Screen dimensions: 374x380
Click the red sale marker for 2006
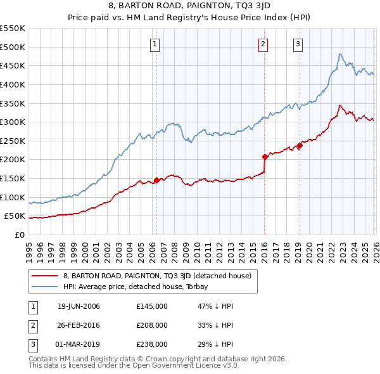pyautogui.click(x=156, y=181)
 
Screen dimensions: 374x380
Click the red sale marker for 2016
pyautogui.click(x=265, y=157)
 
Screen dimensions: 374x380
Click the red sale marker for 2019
pyautogui.click(x=300, y=146)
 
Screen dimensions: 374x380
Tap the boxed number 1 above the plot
pyautogui.click(x=155, y=44)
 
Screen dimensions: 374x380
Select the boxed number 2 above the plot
pyautogui.click(x=263, y=44)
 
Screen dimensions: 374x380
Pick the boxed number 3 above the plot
pyautogui.click(x=298, y=44)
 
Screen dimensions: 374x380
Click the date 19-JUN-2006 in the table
pyautogui.click(x=79, y=307)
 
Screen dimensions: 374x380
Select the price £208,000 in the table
pyautogui.click(x=152, y=325)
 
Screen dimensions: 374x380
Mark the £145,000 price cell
pyautogui.click(x=152, y=307)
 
